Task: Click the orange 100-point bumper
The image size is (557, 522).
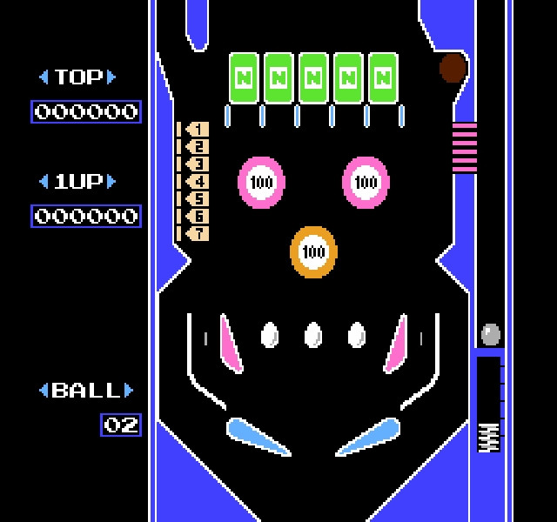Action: point(313,252)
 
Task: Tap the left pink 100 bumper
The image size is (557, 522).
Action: point(261,183)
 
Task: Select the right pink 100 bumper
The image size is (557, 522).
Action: point(366,183)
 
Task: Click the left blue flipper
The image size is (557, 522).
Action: point(258,437)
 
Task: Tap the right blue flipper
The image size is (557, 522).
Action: point(368,437)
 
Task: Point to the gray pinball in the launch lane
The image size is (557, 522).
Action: point(491,334)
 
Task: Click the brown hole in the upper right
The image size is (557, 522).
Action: point(453,68)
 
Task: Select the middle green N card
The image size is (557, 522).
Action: point(313,78)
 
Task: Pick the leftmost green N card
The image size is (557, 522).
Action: point(244,78)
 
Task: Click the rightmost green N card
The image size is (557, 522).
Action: point(383,78)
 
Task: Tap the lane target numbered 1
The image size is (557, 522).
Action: point(198,130)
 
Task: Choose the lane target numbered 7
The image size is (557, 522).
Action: point(198,234)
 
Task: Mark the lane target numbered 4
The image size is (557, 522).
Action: point(198,182)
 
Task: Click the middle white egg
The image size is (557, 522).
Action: point(313,335)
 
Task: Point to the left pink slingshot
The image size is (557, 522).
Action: point(231,345)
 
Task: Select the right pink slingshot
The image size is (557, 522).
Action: point(396,345)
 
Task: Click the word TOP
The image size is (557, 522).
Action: point(78,77)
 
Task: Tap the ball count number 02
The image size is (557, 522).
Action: point(121,425)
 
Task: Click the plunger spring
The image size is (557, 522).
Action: point(488,438)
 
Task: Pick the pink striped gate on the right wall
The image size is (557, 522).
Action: point(465,148)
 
